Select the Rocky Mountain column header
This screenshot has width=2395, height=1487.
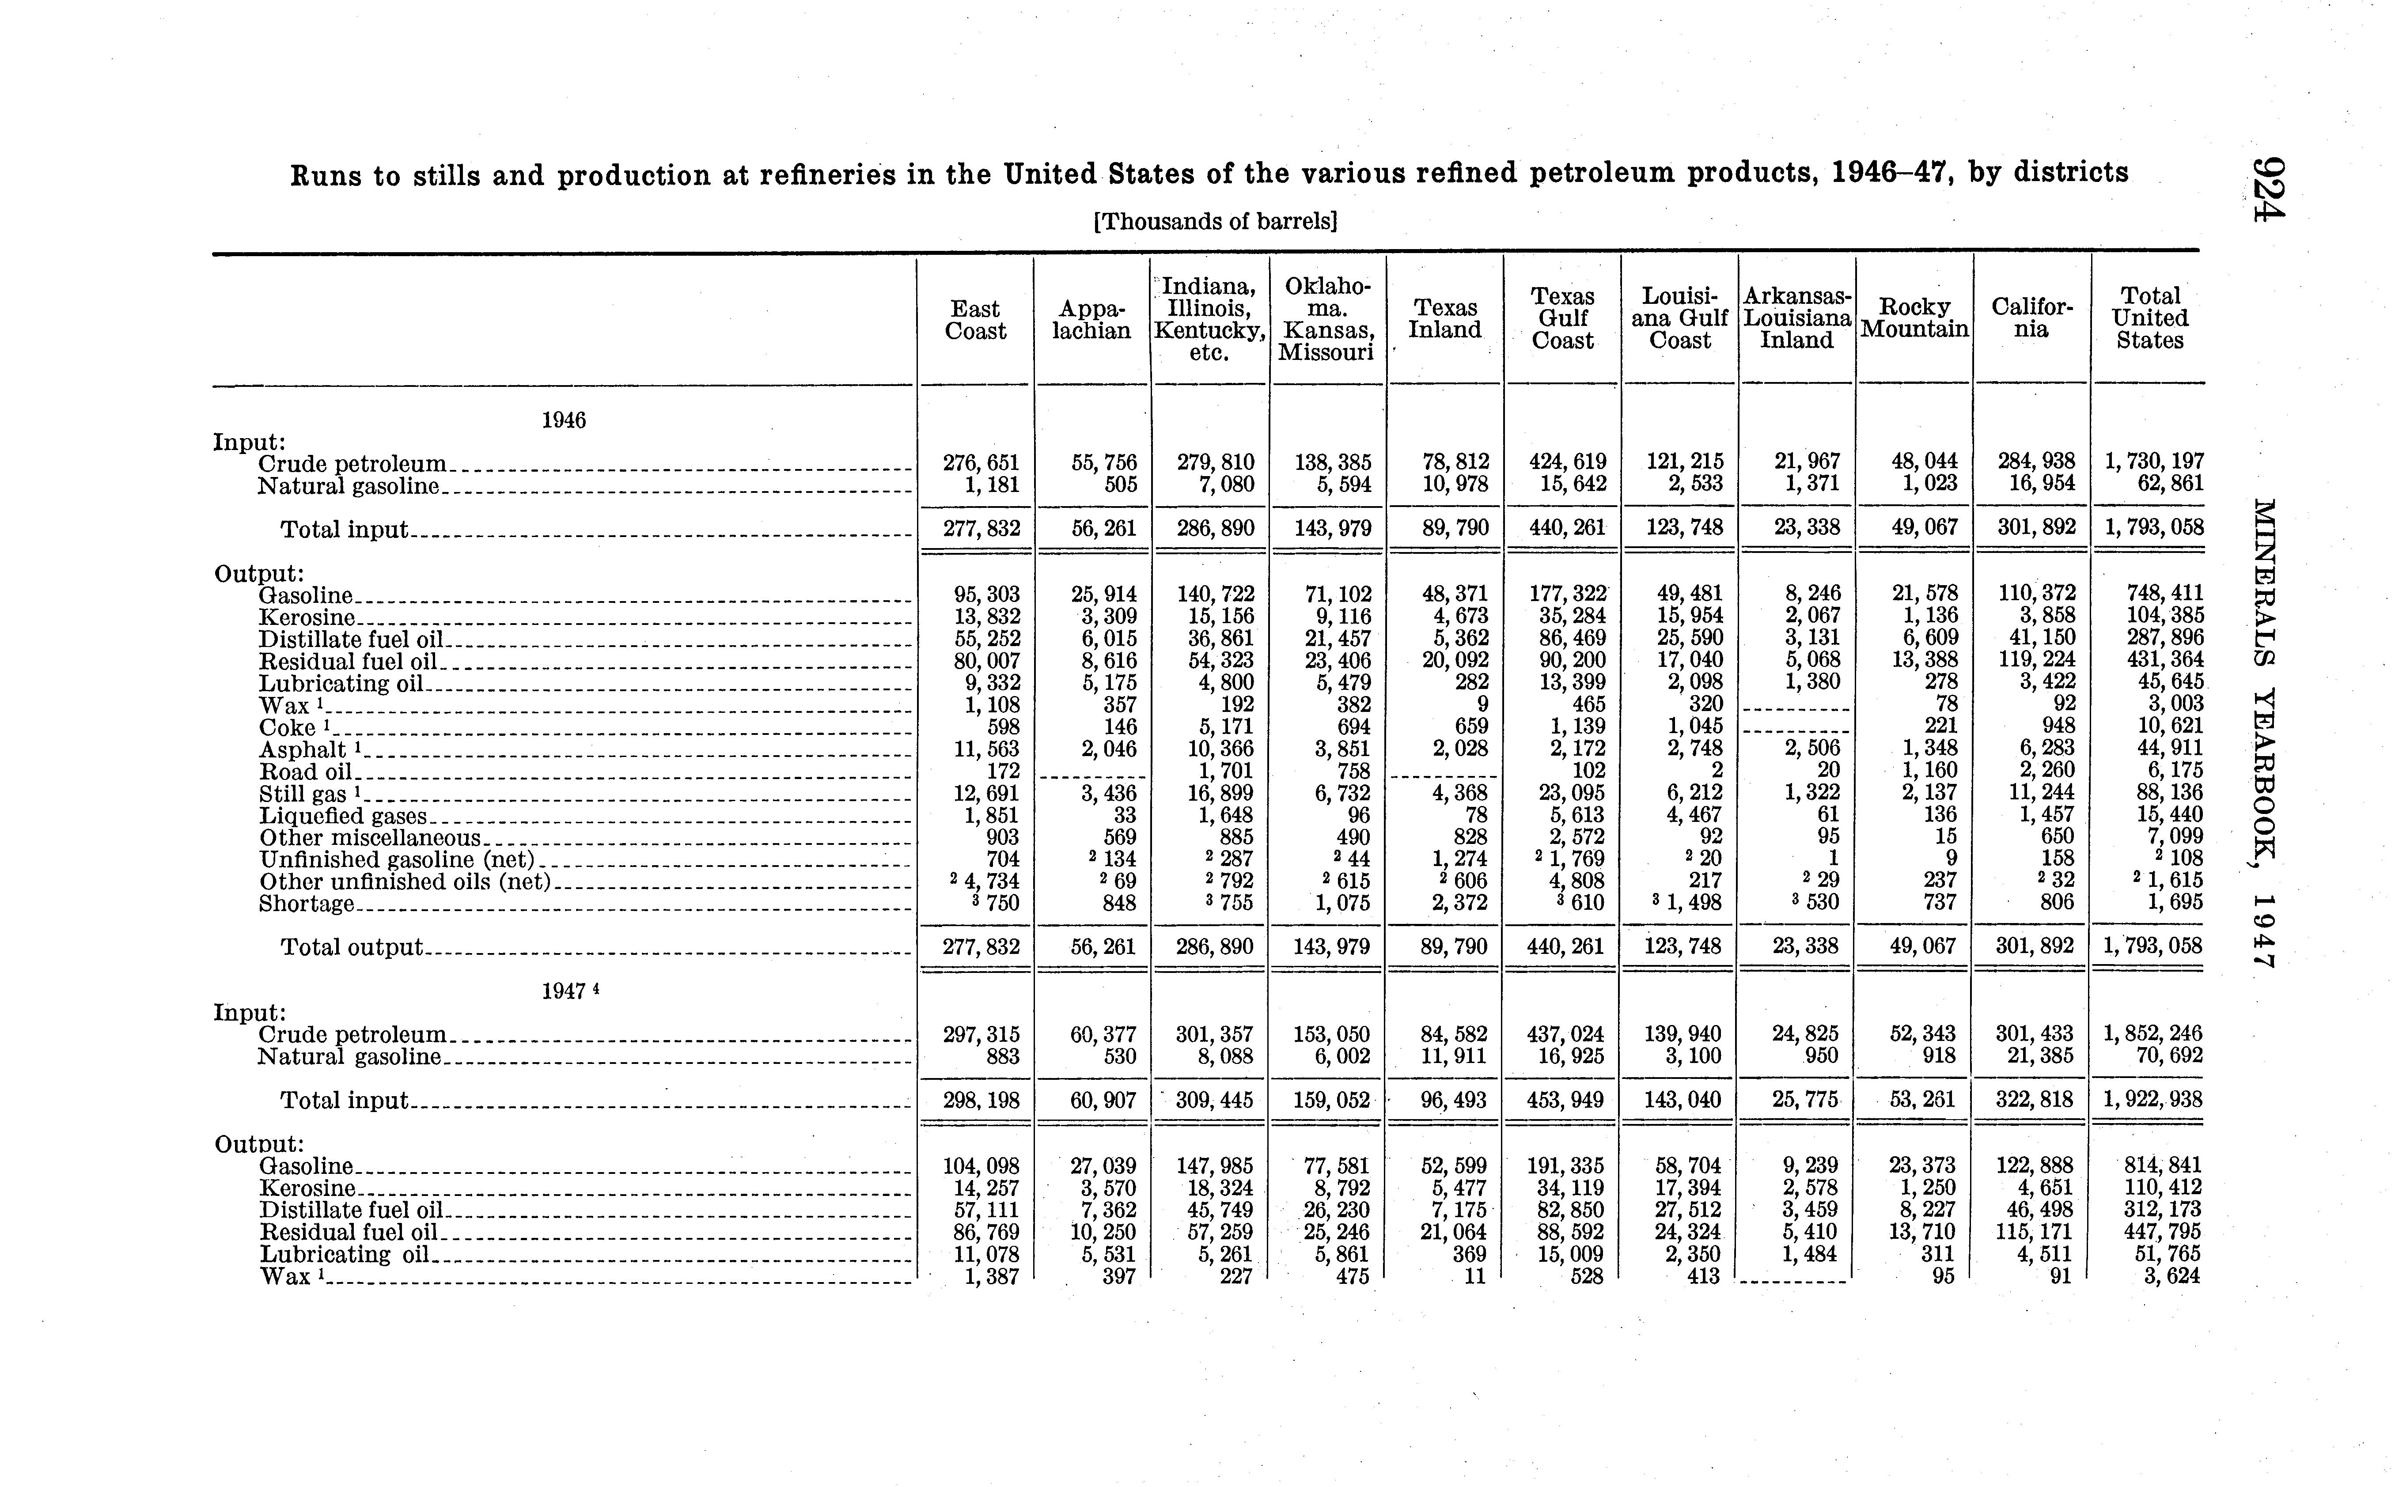click(x=1914, y=319)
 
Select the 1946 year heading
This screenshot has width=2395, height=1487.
click(x=564, y=421)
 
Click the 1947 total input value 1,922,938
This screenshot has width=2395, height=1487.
click(x=2153, y=1098)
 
